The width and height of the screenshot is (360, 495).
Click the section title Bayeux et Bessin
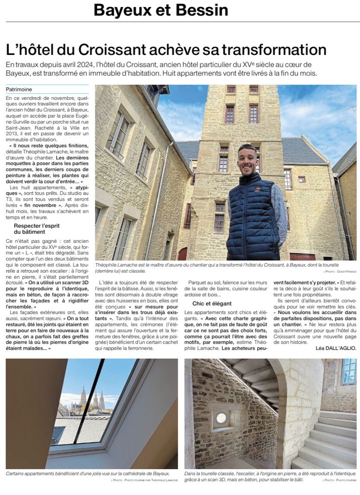(161, 10)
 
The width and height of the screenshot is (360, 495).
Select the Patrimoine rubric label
(19, 89)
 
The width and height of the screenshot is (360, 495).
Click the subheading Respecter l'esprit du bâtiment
(36, 229)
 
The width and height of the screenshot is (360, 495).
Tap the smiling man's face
(248, 159)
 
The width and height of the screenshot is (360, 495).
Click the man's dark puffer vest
(253, 216)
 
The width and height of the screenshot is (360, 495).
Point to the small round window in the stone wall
(221, 418)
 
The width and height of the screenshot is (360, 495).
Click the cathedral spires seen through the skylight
(92, 397)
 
